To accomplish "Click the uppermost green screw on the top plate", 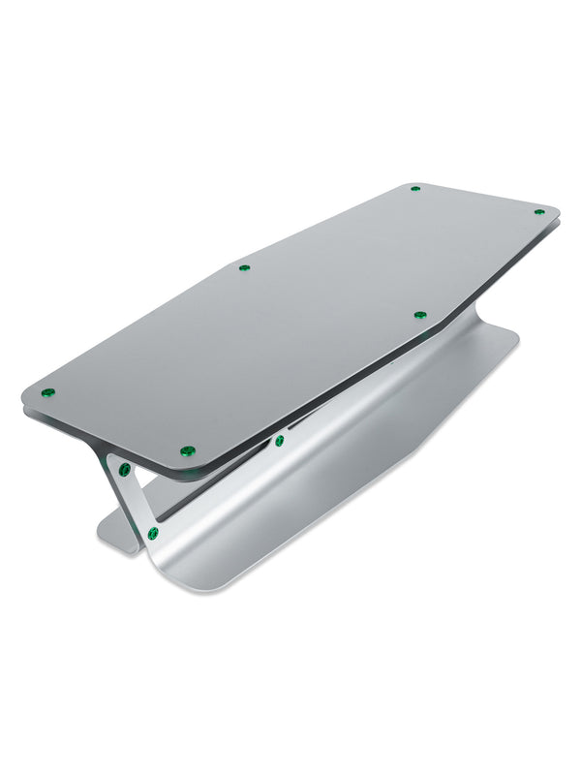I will click(x=414, y=188).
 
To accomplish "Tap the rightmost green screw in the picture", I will click(x=539, y=211).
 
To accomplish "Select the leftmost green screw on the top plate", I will click(x=47, y=392).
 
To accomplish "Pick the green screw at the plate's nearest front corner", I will click(x=188, y=450).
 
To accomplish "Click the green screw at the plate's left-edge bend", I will click(x=244, y=267).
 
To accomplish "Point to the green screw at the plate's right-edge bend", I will click(x=419, y=315).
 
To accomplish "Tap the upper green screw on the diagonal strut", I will click(x=125, y=470).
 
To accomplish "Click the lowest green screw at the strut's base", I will click(x=153, y=534).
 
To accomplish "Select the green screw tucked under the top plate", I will click(x=279, y=441).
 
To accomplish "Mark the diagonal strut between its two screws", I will click(x=138, y=502).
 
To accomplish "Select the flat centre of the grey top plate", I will click(x=290, y=320).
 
